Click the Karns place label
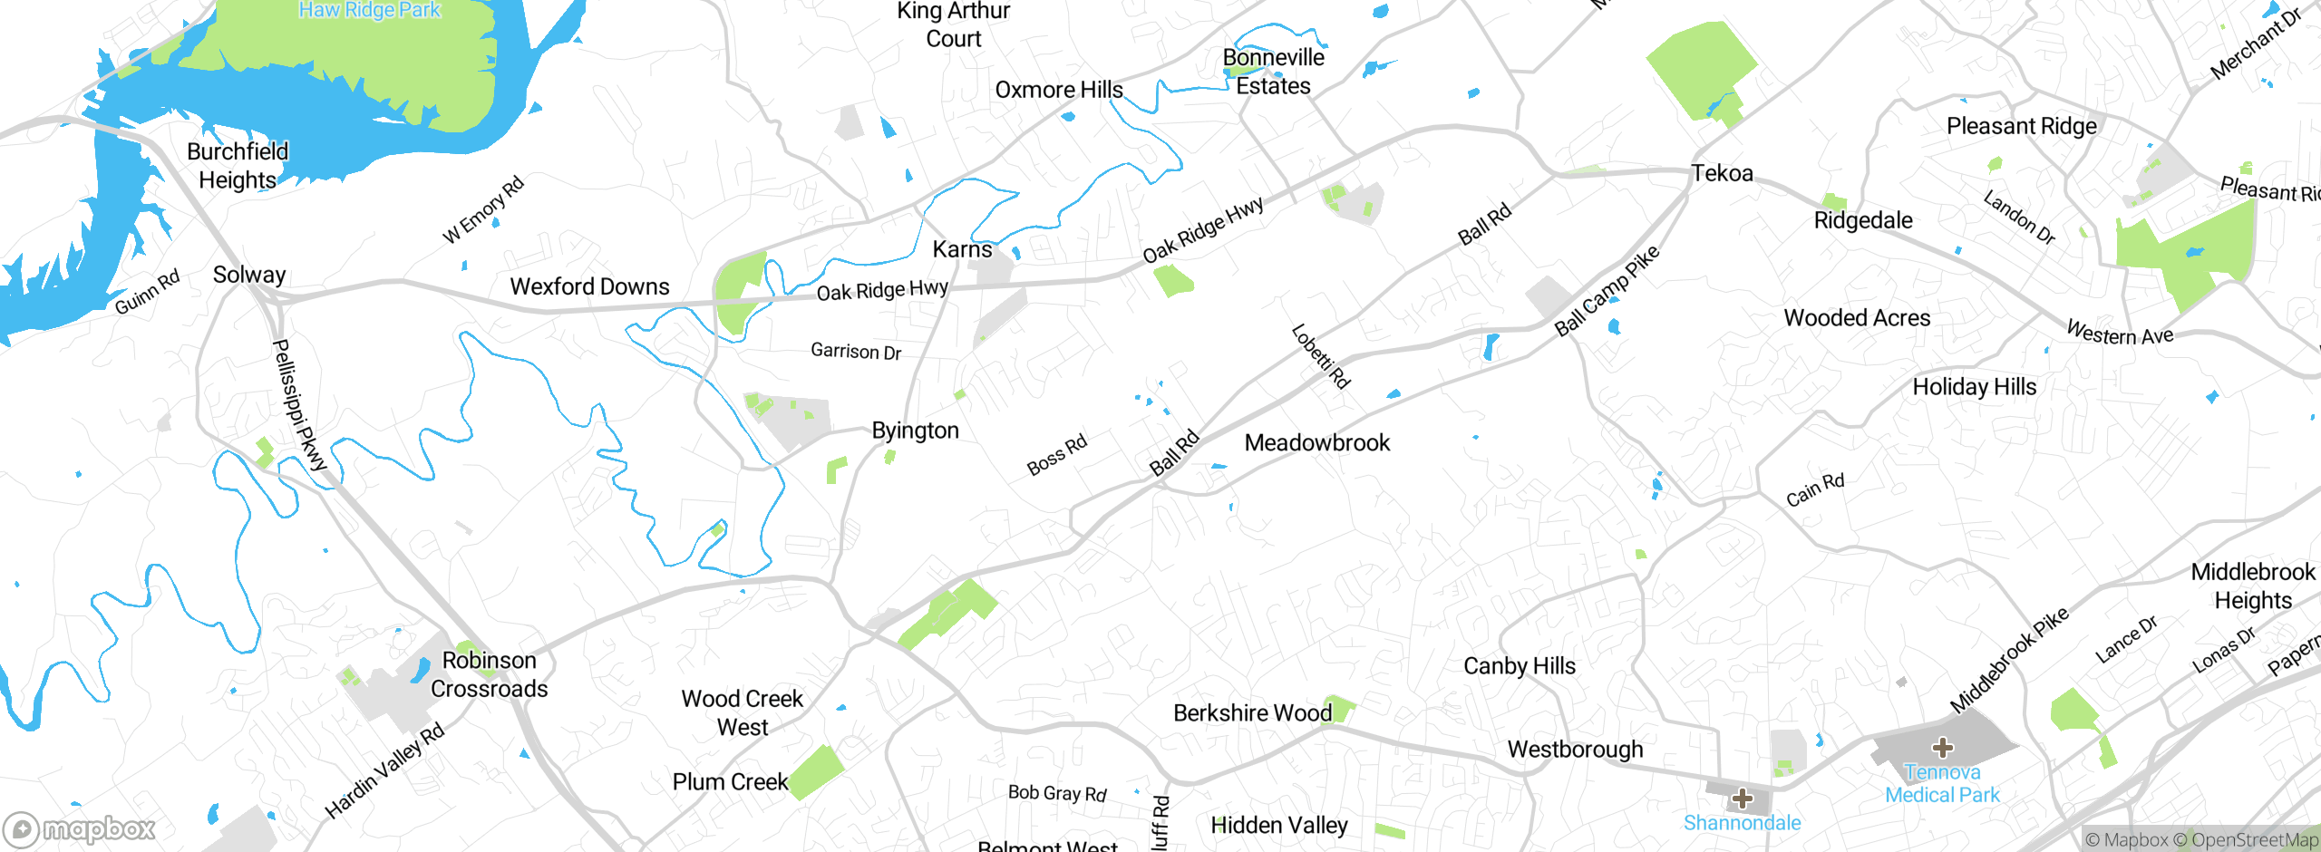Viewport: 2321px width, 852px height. (962, 249)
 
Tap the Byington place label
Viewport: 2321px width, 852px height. (915, 431)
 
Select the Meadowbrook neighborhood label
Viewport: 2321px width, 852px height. (1316, 443)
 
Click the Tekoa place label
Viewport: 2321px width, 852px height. (1722, 173)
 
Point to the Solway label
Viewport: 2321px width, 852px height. (249, 275)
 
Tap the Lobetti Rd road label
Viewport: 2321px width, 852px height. (1320, 356)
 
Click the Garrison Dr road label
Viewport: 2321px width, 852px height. (856, 352)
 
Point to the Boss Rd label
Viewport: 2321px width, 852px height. (1056, 455)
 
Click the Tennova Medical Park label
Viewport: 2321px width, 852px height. (1942, 784)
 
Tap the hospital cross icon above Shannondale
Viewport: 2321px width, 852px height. (1742, 799)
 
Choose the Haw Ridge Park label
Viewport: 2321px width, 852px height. (370, 10)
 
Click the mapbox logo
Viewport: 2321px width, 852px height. (80, 828)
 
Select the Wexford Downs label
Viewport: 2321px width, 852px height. (589, 287)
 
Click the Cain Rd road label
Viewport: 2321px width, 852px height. (1815, 490)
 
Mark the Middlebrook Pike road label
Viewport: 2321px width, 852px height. (2009, 660)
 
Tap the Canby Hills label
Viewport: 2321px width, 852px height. (1520, 666)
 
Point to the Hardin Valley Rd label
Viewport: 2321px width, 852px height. (384, 771)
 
